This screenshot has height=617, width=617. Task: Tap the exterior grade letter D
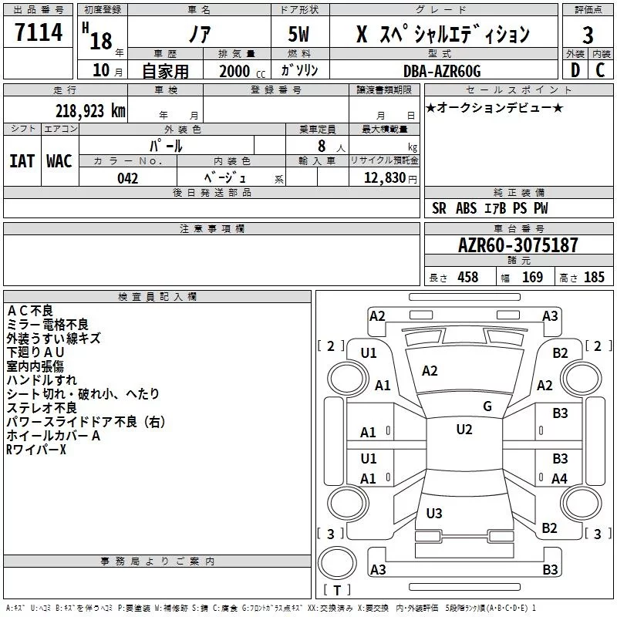point(574,70)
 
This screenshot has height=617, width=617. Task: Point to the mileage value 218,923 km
point(89,110)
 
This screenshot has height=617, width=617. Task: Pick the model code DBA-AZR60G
point(442,71)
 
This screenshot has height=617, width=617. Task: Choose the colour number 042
point(128,178)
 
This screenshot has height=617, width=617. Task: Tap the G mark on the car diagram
point(487,406)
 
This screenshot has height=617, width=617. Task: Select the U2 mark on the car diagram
point(464,430)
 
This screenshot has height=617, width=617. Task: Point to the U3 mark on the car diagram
point(434,514)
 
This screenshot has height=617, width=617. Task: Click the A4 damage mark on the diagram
point(559,479)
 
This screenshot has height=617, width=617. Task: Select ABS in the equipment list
point(466,208)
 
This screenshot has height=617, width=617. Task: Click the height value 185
point(594,278)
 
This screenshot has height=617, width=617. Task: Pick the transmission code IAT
point(22,161)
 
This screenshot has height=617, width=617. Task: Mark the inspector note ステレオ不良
point(42,408)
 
